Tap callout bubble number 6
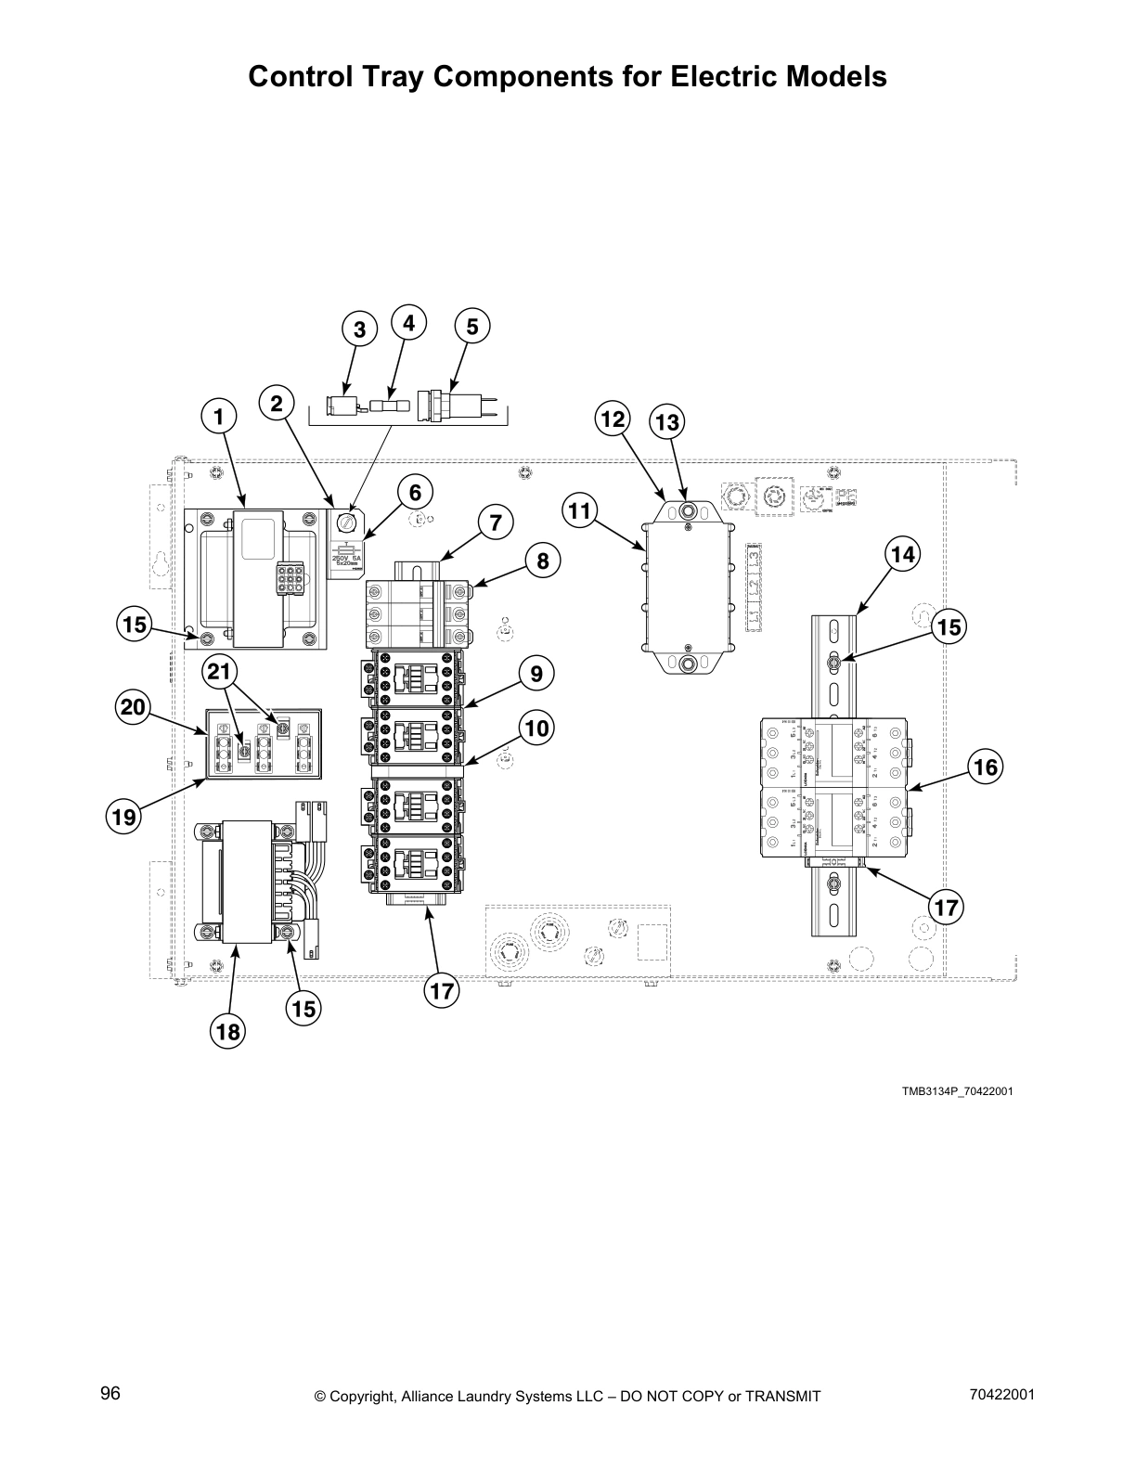[x=415, y=492]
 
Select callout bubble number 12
[x=613, y=419]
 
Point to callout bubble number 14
[x=902, y=555]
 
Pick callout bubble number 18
[x=228, y=1031]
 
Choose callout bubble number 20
[x=134, y=708]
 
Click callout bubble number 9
[x=536, y=672]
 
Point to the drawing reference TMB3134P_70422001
[x=957, y=1090]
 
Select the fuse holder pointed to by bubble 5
[x=455, y=406]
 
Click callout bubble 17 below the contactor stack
[x=442, y=991]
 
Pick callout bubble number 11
[x=580, y=510]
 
